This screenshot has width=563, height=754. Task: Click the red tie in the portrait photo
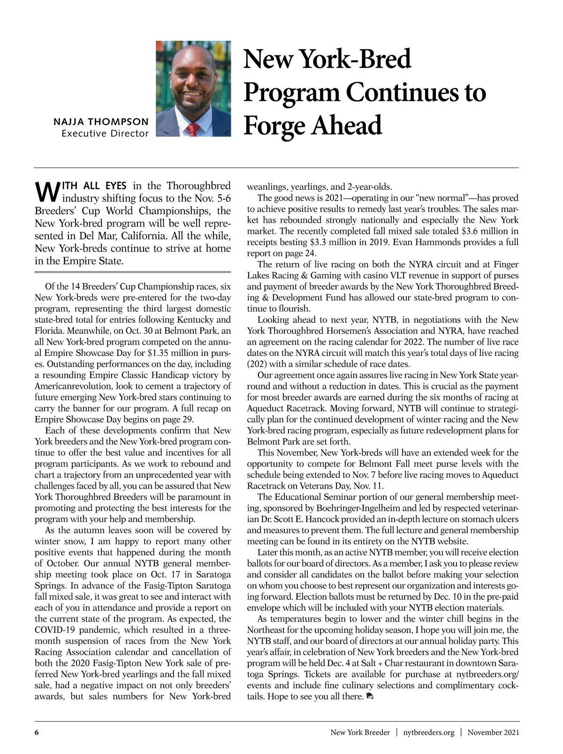pos(191,130)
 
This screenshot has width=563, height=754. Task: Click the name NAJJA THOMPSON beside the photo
pos(101,122)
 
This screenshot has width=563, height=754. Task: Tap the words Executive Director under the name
pos(105,134)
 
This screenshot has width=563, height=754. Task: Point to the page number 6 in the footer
pos(36,732)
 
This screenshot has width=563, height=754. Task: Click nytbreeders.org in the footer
pos(429,732)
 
